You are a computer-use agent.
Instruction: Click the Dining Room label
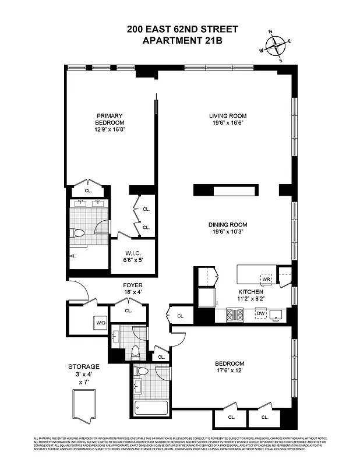point(228,225)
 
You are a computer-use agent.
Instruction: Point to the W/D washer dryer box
point(101,322)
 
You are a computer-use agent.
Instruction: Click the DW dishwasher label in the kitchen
point(260,313)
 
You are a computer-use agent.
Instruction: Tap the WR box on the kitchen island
point(266,278)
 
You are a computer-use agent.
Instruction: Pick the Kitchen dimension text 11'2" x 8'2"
point(252,298)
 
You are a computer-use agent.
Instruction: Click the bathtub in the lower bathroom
point(151,407)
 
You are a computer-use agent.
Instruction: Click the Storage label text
point(84,366)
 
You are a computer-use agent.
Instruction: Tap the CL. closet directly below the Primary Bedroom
point(88,190)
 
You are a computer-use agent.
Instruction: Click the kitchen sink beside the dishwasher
point(277,314)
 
